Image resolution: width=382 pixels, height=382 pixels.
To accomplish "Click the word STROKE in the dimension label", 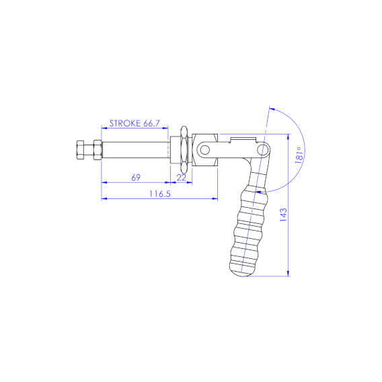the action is (125, 123).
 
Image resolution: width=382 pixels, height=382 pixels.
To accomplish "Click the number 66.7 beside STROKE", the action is (151, 123).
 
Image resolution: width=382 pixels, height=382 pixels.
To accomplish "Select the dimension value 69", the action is (136, 178).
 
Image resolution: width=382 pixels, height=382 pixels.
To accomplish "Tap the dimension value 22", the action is (182, 178).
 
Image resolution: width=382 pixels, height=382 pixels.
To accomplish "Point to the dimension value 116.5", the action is (160, 194).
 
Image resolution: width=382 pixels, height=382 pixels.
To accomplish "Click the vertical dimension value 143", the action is (283, 215).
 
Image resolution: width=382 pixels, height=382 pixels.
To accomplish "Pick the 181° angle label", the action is (299, 155).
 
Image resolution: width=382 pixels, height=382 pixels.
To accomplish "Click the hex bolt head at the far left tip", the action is (80, 150).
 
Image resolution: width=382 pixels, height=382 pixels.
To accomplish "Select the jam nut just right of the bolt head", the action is (98, 150).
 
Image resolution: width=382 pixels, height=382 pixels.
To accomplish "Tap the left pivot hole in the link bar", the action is (205, 150).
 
